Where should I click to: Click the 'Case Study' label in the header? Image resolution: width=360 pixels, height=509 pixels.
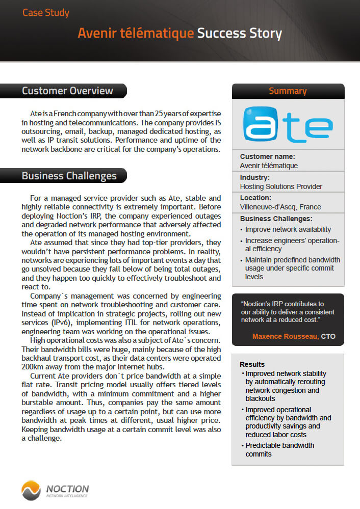(x=46, y=12)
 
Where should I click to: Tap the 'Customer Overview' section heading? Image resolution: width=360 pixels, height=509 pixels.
(x=67, y=91)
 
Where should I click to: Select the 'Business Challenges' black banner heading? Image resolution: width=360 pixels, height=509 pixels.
(x=69, y=176)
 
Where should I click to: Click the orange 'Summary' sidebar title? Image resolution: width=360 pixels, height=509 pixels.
(x=288, y=91)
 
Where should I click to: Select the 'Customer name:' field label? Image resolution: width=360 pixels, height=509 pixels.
(x=267, y=157)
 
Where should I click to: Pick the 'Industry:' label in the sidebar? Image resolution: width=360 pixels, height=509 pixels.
(x=254, y=178)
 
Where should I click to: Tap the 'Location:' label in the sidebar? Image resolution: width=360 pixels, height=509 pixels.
(x=255, y=198)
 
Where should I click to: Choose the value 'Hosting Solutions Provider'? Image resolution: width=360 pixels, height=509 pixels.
(x=281, y=186)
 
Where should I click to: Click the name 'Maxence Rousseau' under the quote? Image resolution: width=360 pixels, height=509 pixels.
(x=285, y=336)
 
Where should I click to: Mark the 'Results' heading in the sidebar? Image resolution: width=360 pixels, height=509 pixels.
(x=252, y=364)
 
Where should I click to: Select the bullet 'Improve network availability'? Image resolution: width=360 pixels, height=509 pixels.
(x=288, y=229)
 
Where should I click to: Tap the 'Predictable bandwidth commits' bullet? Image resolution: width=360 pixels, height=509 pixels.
(x=279, y=449)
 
